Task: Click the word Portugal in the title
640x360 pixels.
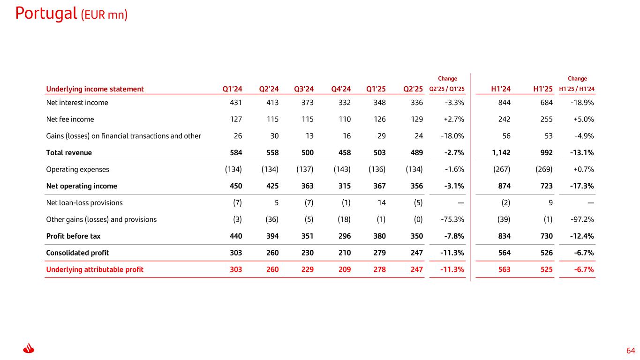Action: (x=46, y=13)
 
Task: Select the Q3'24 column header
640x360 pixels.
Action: (x=304, y=89)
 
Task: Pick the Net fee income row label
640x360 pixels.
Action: (x=70, y=119)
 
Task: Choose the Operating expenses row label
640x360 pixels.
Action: (x=77, y=169)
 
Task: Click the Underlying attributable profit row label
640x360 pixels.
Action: (x=95, y=270)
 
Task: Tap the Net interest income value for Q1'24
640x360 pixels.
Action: (x=236, y=103)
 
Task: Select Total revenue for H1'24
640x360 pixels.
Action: (x=501, y=153)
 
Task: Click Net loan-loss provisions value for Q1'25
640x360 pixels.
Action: (x=381, y=203)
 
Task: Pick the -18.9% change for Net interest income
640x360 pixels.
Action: (x=584, y=103)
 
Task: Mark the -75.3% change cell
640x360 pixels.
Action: (x=453, y=219)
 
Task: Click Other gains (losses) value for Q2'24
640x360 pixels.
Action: (x=269, y=219)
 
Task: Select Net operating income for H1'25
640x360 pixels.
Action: (x=546, y=186)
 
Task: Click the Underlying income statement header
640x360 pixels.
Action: (x=95, y=89)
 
